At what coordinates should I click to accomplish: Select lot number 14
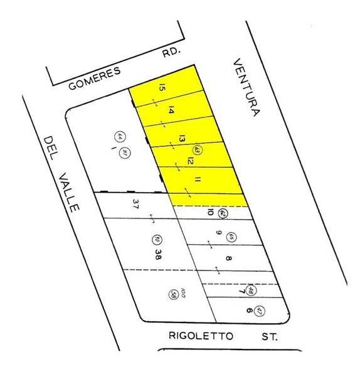[171, 110]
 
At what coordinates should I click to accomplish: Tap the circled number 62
[223, 214]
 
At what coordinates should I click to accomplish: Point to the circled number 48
[250, 289]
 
